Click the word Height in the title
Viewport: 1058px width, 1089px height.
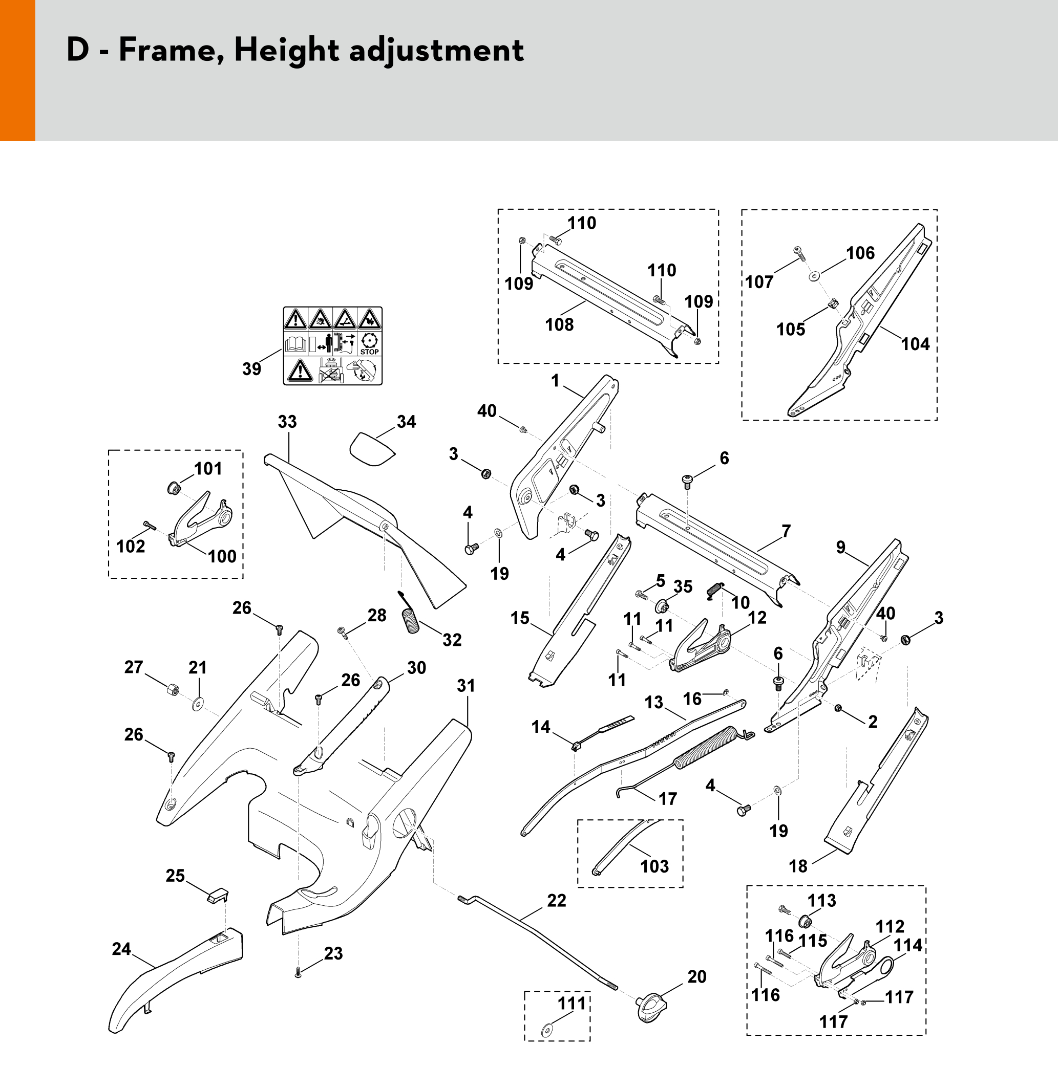(x=286, y=51)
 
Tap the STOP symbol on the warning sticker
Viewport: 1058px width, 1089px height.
(x=369, y=343)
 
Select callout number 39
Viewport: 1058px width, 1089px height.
(x=251, y=368)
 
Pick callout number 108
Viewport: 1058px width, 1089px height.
(x=559, y=324)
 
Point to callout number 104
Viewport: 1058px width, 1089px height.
(x=915, y=344)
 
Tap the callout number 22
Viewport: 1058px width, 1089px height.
(x=556, y=901)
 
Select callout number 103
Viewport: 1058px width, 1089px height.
(x=654, y=866)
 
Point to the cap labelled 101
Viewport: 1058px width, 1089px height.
(x=174, y=488)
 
